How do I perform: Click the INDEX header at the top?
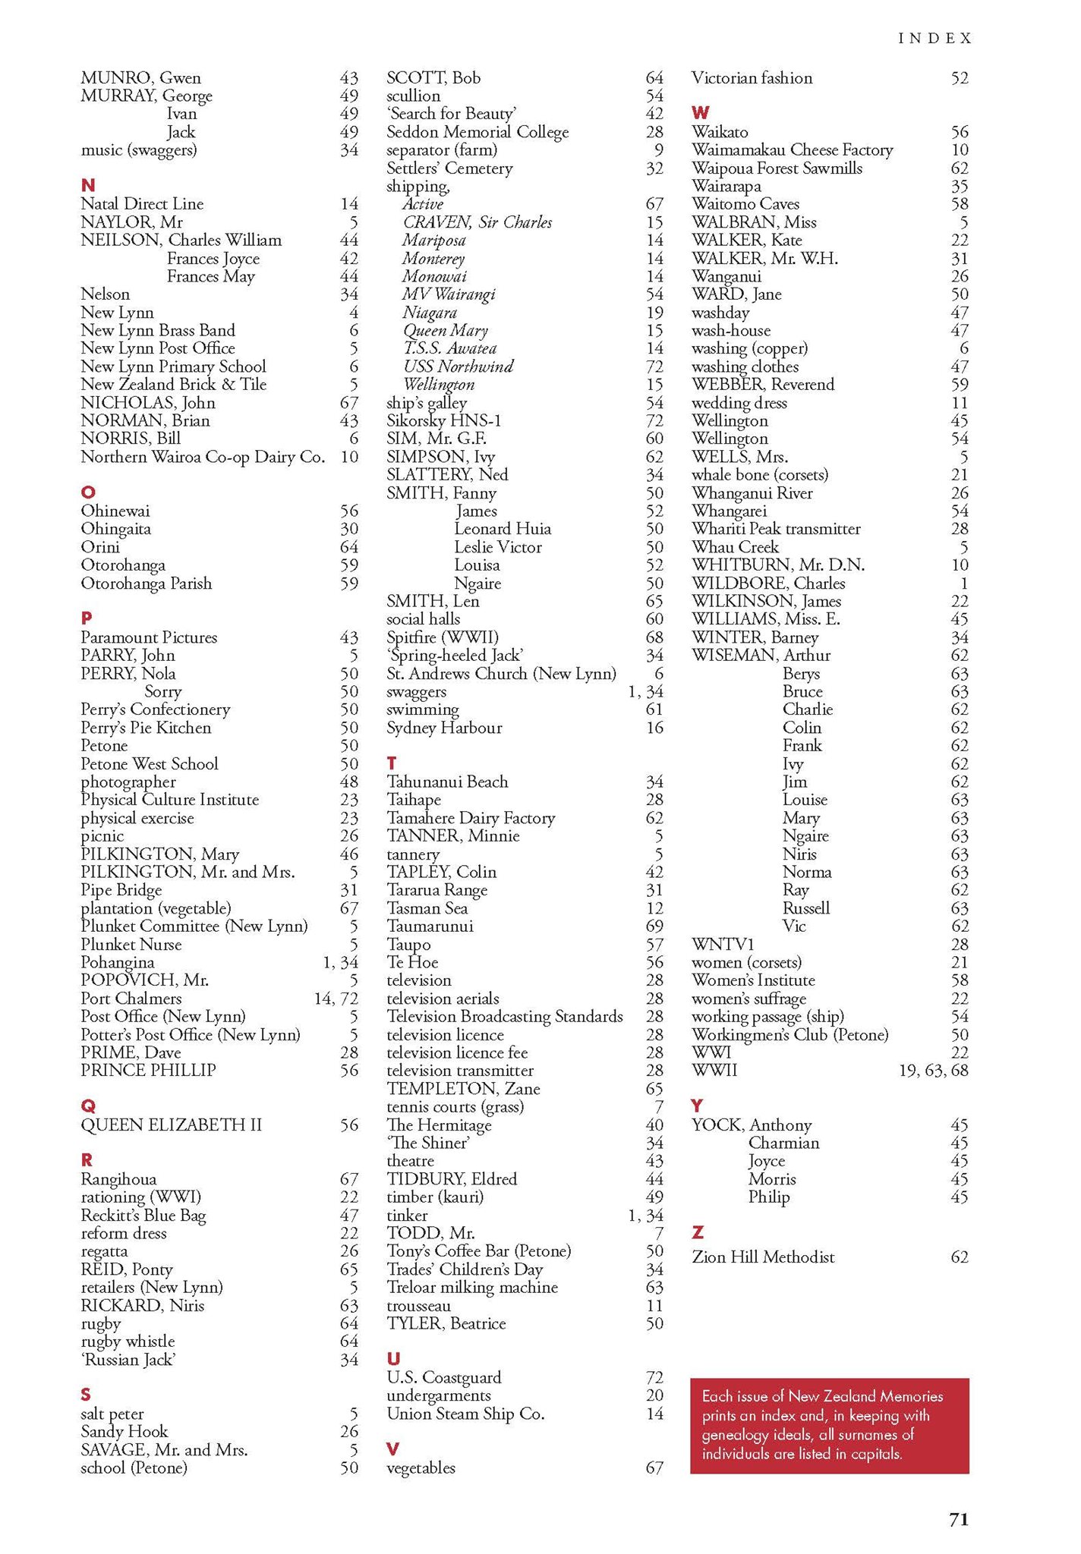[x=934, y=39]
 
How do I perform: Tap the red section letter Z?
[x=698, y=1232]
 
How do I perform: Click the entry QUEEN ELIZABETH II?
[x=172, y=1125]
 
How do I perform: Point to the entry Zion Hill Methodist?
[x=763, y=1257]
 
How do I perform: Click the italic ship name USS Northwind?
[x=458, y=366]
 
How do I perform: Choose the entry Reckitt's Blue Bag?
[x=143, y=1216]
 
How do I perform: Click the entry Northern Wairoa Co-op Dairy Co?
[x=203, y=457]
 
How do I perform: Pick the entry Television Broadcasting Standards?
[x=505, y=1017]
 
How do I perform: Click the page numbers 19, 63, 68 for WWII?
[x=934, y=1071]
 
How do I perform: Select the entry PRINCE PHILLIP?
[x=148, y=1071]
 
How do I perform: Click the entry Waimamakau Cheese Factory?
[x=792, y=150]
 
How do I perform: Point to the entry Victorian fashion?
[x=752, y=78]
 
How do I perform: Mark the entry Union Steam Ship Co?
[x=465, y=1414]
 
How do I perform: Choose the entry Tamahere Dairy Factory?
[x=471, y=818]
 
